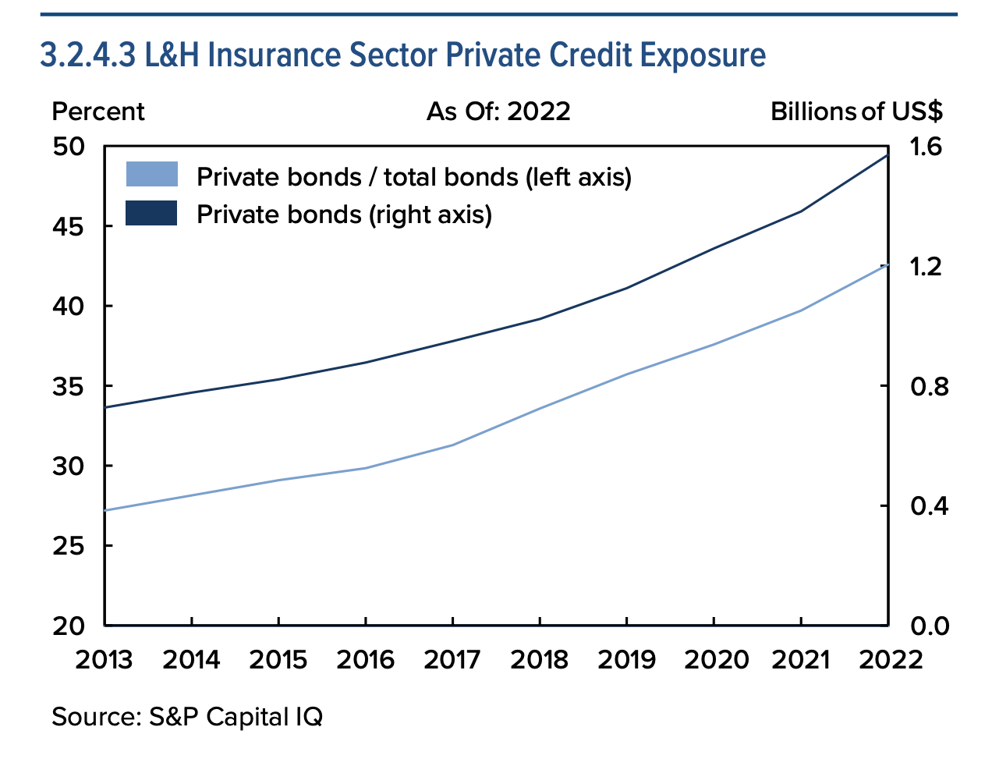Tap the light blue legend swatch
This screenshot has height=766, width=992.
152,175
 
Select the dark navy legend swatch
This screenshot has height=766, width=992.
152,213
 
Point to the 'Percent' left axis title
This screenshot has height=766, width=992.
98,112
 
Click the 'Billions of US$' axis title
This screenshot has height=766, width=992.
856,112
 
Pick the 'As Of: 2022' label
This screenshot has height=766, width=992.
498,112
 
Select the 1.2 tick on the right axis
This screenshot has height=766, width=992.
926,267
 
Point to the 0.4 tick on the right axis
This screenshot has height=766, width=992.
926,506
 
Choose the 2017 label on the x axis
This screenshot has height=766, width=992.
452,660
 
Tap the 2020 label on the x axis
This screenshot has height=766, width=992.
714,660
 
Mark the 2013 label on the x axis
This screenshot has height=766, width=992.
105,660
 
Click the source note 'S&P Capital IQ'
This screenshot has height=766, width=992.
187,716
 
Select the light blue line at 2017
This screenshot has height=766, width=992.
452,445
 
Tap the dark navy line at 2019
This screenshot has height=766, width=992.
627,289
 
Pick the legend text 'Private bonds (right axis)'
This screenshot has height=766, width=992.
344,214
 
